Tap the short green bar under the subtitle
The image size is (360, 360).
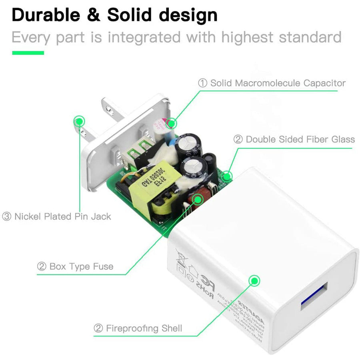(x=28, y=52)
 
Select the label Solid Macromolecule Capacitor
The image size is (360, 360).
(x=278, y=83)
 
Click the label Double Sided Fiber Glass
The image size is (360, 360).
(x=300, y=139)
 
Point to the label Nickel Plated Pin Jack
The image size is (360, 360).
(x=63, y=216)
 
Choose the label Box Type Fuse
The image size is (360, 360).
(x=81, y=266)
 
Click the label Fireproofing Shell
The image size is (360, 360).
(x=144, y=328)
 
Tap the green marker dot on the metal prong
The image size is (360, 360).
(x=80, y=120)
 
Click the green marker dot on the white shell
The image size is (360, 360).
(x=253, y=280)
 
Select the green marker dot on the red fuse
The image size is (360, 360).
(x=197, y=199)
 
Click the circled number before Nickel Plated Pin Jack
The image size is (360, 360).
(x=7, y=216)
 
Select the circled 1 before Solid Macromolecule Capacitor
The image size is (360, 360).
(x=203, y=83)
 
